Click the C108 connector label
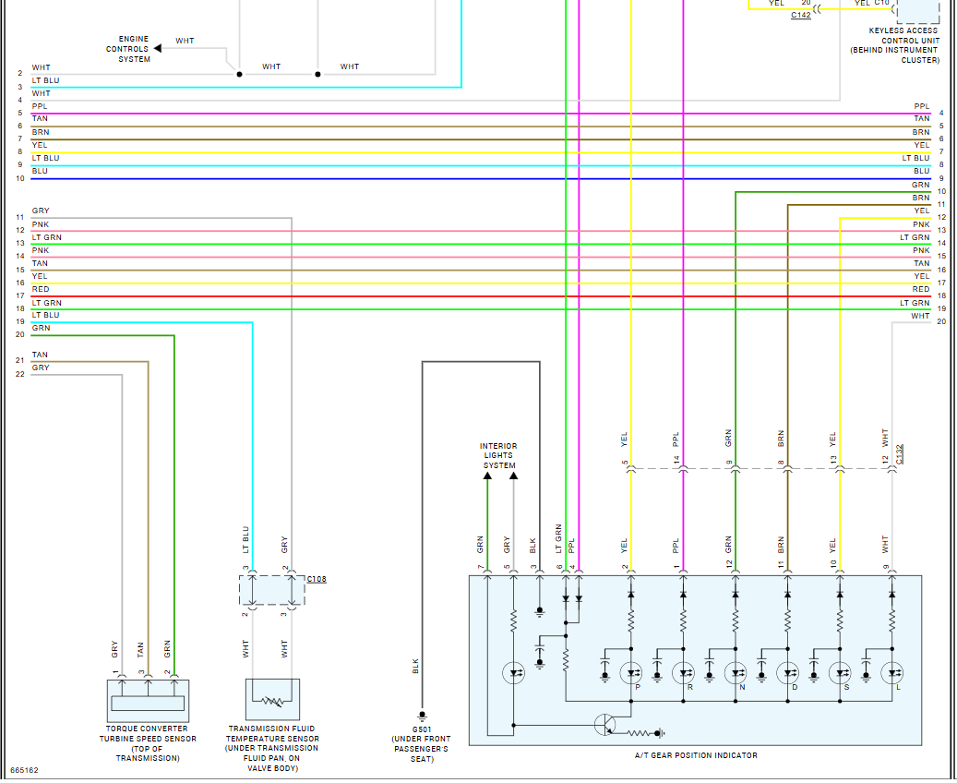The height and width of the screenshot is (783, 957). coord(317,579)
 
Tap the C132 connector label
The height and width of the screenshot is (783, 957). coord(899,454)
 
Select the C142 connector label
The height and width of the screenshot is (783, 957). coord(801,16)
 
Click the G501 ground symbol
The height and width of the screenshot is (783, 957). coord(422,716)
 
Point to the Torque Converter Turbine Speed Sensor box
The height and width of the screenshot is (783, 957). coord(148,701)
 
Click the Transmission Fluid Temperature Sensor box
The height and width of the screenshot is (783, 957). coord(272,699)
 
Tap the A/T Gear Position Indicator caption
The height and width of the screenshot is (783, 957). coord(696,755)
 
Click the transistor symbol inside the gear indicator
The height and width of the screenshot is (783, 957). coord(604,725)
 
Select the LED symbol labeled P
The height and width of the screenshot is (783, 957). coord(630,673)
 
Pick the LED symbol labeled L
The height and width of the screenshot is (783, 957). coord(891,673)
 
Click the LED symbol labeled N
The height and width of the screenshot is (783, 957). coord(735,673)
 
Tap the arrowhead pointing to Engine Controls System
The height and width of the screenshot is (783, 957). coord(158,48)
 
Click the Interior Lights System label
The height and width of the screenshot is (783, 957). coord(498,455)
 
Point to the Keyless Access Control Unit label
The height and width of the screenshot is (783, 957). coord(895,45)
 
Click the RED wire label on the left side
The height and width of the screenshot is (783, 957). coord(41,290)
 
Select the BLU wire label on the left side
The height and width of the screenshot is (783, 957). coord(40,171)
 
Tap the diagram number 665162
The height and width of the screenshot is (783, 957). coord(24,770)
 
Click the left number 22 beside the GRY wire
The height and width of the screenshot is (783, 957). coord(20,374)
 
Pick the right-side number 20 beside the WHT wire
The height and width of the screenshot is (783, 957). coord(941,321)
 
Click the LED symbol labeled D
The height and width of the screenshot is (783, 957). coord(787,673)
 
